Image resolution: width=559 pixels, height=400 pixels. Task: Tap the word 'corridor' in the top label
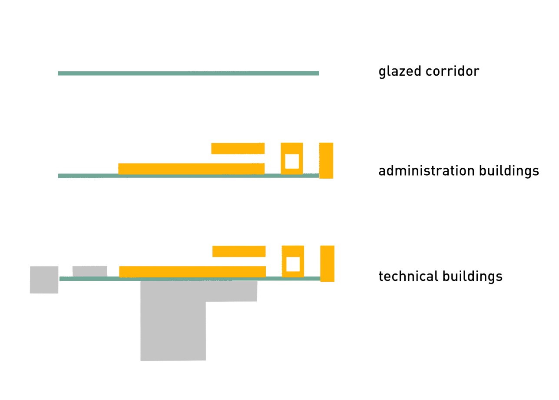tap(453, 71)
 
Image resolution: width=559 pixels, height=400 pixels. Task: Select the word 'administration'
tap(427, 171)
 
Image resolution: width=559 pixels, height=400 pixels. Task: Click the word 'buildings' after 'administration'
tap(509, 171)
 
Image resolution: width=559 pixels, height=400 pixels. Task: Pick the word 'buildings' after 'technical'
tap(473, 277)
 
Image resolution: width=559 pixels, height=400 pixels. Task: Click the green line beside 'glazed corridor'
tap(189, 73)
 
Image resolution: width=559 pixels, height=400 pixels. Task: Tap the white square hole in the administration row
tap(292, 161)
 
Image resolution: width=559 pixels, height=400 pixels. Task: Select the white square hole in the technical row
tap(293, 264)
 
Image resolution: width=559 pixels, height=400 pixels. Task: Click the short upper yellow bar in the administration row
tap(238, 148)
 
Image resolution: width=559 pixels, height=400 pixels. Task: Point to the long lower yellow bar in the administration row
tap(192, 169)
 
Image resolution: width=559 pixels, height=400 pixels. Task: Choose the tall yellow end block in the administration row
tap(326, 160)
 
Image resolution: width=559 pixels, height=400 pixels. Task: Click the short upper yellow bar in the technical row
tap(239, 251)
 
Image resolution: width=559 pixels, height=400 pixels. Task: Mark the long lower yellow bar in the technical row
tap(192, 272)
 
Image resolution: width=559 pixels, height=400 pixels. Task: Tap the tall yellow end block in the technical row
tap(327, 263)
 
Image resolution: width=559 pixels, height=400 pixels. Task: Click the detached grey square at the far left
tap(44, 280)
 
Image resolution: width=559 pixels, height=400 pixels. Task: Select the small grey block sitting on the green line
tap(90, 271)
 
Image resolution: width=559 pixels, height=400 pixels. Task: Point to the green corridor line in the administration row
tap(189, 176)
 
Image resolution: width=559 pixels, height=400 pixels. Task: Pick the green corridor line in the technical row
tap(190, 279)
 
